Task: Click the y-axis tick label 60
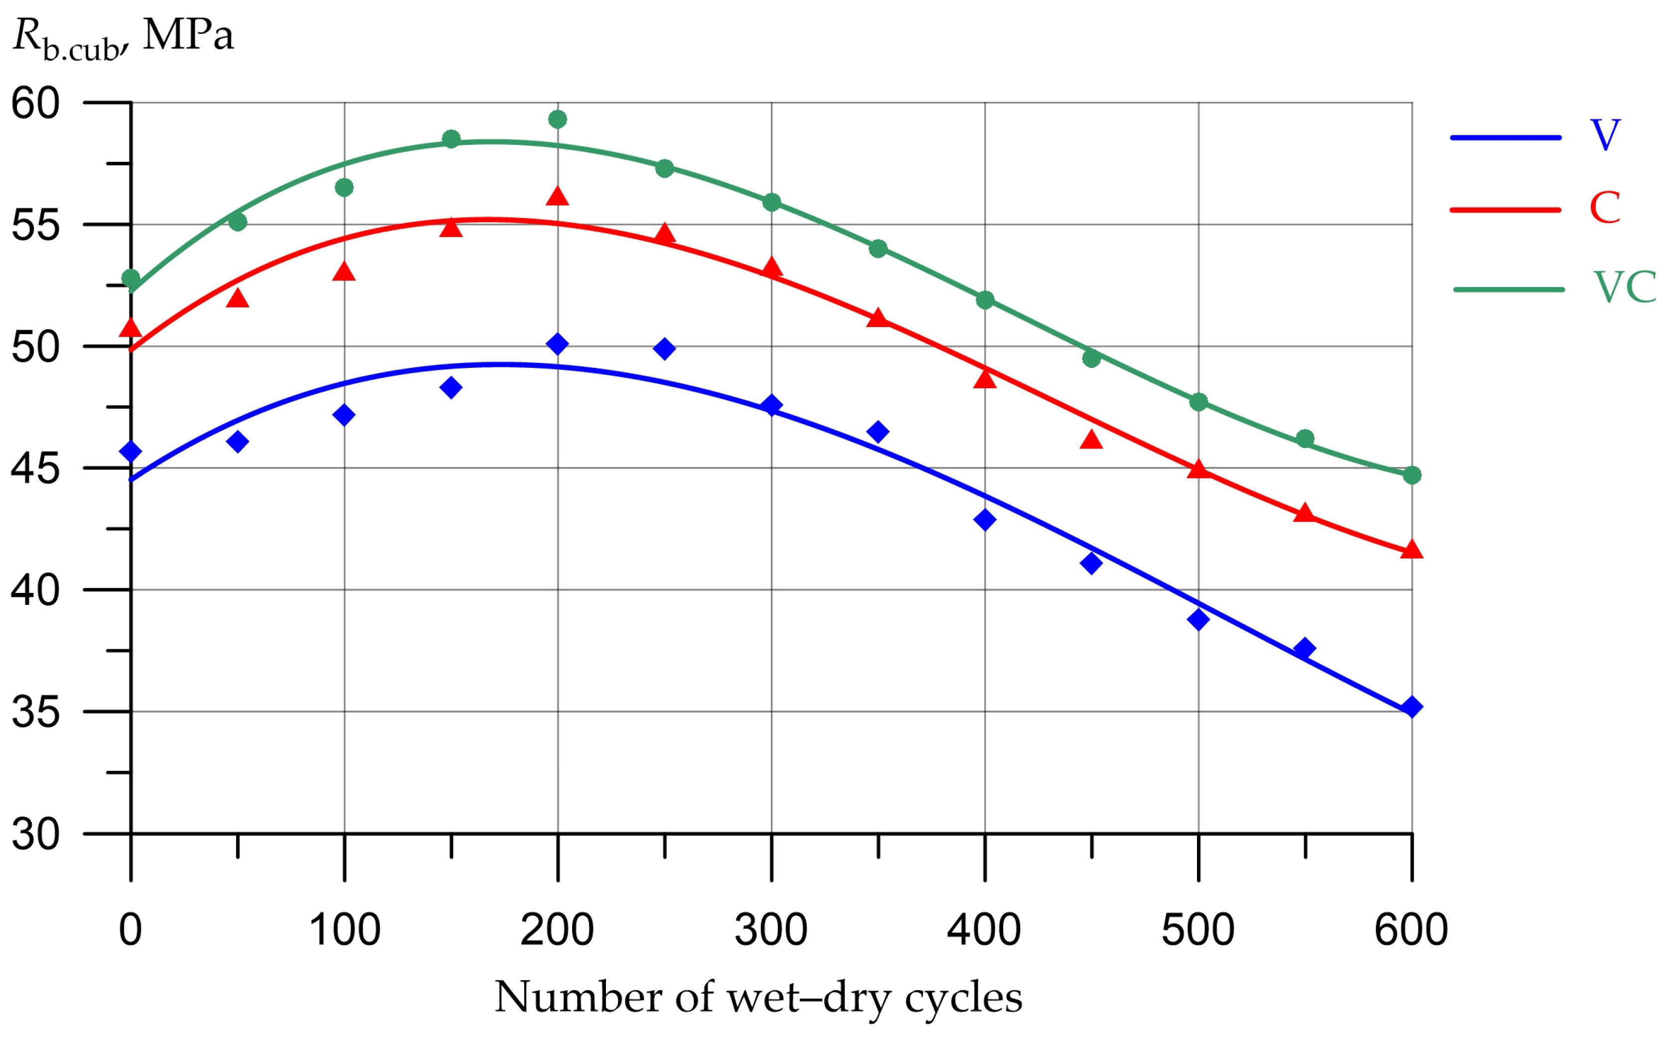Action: (36, 104)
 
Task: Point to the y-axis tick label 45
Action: (36, 470)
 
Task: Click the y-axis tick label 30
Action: (36, 835)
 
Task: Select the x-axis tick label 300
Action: (771, 930)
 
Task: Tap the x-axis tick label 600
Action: (1411, 930)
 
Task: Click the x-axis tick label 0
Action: (130, 930)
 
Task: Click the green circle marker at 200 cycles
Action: (558, 119)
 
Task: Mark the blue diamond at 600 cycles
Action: (1411, 707)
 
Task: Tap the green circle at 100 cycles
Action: (344, 187)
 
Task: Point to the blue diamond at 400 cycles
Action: (985, 520)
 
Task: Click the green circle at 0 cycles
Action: (130, 278)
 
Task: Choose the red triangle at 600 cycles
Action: (1411, 549)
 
